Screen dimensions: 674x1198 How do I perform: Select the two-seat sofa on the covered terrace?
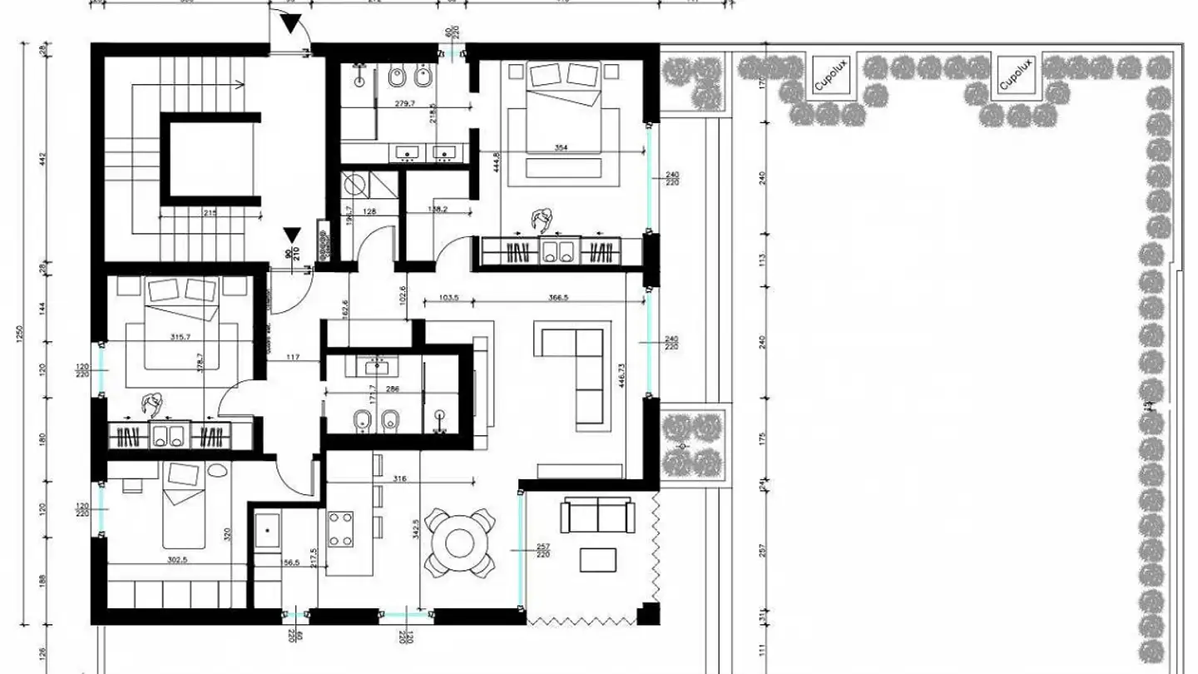click(597, 515)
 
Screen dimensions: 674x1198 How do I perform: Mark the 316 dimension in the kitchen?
click(399, 478)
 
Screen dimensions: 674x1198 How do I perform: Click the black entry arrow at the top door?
click(290, 24)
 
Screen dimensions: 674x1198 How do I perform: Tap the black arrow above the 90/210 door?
click(290, 236)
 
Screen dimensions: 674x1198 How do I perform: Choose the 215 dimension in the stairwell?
click(210, 214)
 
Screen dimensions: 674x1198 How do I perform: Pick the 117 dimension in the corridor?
click(293, 358)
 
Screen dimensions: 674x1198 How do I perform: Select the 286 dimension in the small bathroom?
click(392, 389)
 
